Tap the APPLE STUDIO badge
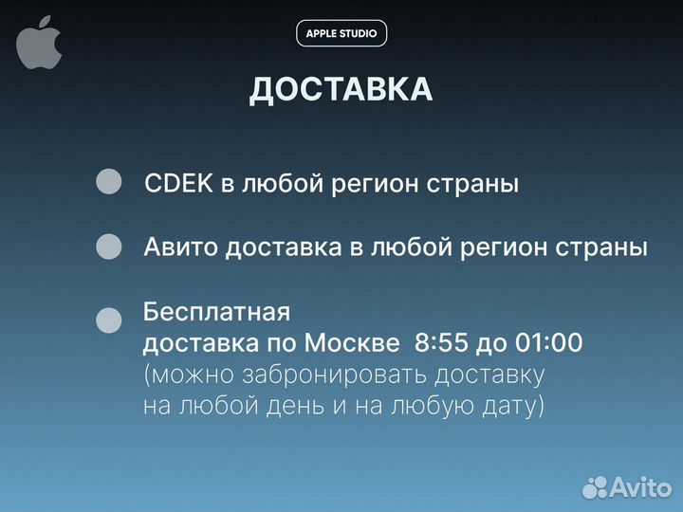341,33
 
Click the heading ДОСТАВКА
341,89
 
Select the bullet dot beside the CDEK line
110,182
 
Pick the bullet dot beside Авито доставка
110,247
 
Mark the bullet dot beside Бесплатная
110,320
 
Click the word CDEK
178,184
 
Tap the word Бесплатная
215,311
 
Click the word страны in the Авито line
602,247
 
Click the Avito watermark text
640,486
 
